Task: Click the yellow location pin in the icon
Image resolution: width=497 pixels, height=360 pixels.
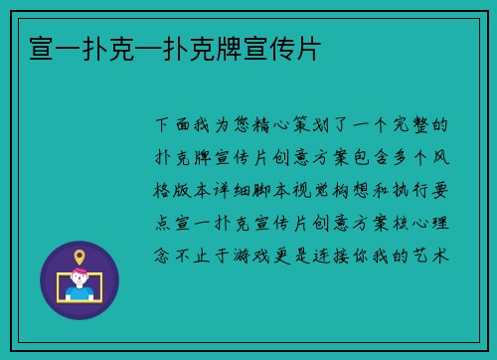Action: point(80,258)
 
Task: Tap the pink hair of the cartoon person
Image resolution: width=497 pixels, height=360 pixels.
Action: point(80,277)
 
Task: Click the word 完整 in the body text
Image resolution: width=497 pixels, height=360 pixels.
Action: point(415,126)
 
